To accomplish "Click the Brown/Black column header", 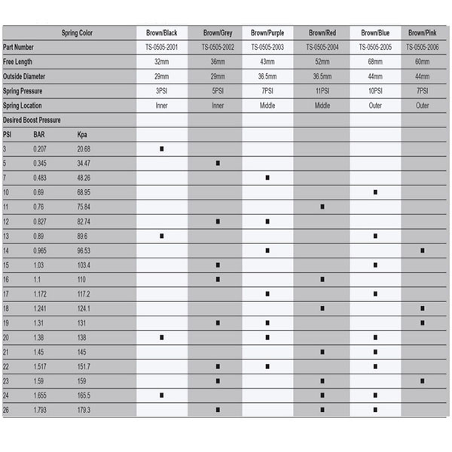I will click(161, 33).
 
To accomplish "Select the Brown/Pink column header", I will click(423, 33).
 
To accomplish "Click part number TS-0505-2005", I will click(374, 47).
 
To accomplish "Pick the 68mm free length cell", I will click(374, 62).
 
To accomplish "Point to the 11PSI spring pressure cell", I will click(322, 91).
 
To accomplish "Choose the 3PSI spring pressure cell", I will click(161, 91).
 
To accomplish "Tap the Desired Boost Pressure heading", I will click(32, 120).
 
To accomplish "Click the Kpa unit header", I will click(83, 135).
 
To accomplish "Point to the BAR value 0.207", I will click(40, 149).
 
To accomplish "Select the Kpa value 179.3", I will click(84, 410).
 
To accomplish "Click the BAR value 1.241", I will click(41, 309).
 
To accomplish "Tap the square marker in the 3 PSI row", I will click(161, 149).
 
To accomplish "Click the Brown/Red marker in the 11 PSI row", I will click(322, 206).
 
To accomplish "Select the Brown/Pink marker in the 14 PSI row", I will click(423, 250).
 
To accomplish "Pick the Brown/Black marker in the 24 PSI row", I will click(161, 395).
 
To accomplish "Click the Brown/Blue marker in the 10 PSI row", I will click(374, 192).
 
